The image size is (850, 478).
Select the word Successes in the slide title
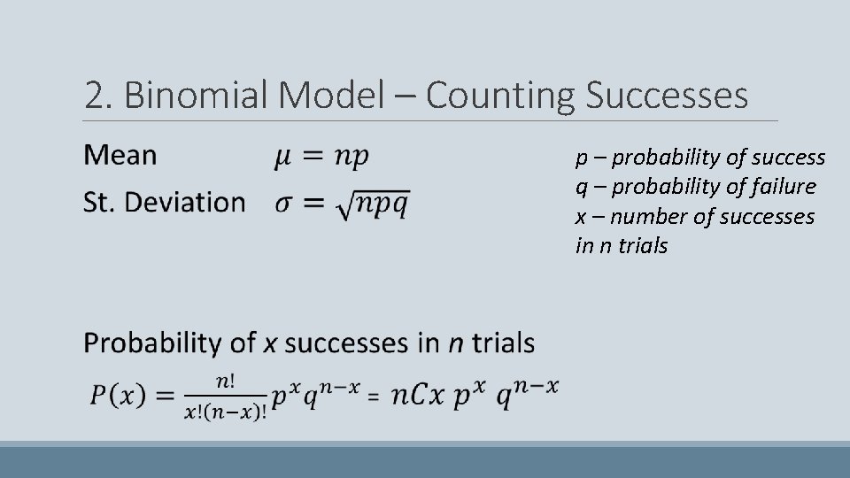click(667, 96)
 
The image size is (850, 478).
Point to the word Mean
click(120, 156)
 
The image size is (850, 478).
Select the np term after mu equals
click(352, 158)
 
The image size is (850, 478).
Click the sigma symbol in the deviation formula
click(282, 203)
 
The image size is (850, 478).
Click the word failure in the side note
click(778, 187)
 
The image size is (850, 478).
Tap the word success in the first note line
click(788, 158)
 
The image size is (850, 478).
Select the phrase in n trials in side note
click(622, 245)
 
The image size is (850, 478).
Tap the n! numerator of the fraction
click(225, 381)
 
